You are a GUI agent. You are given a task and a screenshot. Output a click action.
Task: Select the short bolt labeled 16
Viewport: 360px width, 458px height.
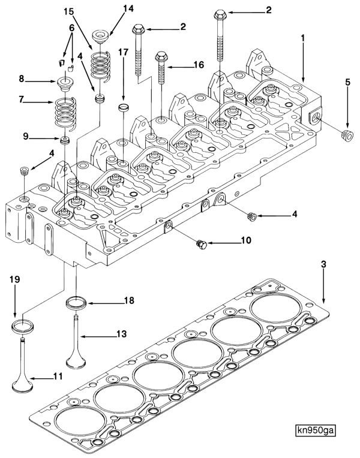pos(161,68)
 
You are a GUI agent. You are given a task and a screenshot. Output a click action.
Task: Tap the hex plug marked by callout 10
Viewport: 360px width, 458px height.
pos(202,244)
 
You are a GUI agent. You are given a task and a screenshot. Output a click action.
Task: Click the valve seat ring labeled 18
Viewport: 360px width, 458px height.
pos(76,302)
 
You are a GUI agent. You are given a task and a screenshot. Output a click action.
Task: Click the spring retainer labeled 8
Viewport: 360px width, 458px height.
pos(64,80)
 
